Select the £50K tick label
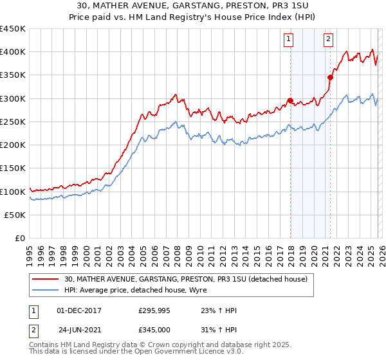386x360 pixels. point(15,215)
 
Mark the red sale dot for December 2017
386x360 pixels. point(290,100)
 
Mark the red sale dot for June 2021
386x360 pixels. point(330,77)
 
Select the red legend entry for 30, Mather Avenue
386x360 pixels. point(186,279)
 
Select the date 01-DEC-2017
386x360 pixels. point(80,310)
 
